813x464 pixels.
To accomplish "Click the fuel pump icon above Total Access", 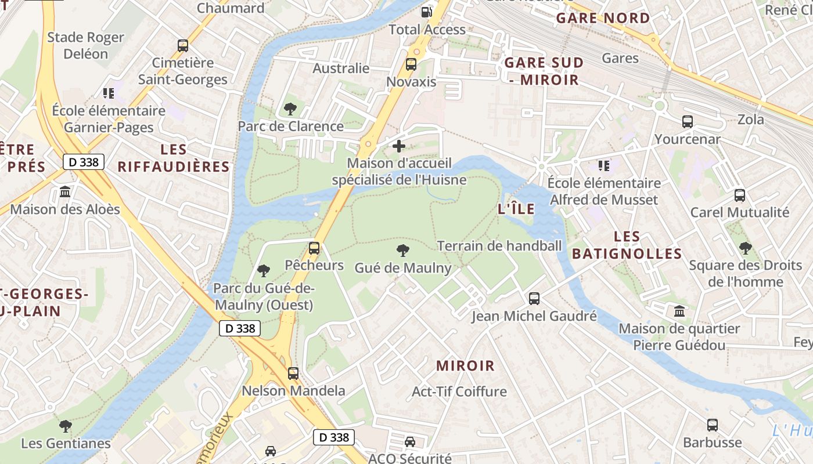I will (427, 12).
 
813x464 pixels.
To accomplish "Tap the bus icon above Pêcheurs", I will (314, 248).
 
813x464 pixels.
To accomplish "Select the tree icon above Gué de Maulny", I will (402, 251).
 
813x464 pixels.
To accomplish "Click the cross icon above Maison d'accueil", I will (399, 146).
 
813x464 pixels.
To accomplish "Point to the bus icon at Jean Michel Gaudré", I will (534, 299).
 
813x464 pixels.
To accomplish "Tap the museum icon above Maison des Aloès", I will (65, 192).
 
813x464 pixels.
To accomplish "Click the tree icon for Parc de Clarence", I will (290, 109).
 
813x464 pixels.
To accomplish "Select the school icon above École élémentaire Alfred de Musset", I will (604, 166).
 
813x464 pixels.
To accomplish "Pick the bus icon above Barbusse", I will (713, 425).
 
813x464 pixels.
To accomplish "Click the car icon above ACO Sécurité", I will (410, 442).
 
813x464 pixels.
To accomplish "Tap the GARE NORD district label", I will (603, 18).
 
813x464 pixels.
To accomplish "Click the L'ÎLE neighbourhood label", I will (516, 209).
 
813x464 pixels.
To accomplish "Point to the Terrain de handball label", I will (499, 246).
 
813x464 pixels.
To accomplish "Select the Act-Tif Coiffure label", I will (459, 391).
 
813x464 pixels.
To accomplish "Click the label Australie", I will (341, 68).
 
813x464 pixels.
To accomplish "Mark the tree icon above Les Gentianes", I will (66, 426).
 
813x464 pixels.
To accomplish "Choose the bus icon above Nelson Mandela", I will (293, 374).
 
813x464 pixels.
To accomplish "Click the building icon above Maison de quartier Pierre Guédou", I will (679, 311).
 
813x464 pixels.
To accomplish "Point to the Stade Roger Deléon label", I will (85, 46).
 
